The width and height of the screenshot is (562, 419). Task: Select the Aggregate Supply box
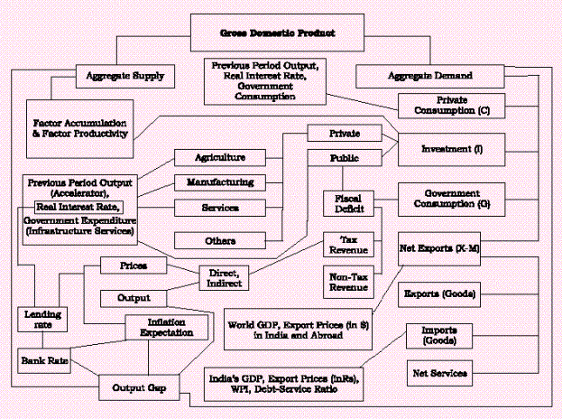124,77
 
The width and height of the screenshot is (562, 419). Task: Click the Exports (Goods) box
439,293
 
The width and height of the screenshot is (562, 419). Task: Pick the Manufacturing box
221,182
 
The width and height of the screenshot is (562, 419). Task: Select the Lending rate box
37,318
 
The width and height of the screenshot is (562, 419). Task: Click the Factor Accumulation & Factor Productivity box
79,126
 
